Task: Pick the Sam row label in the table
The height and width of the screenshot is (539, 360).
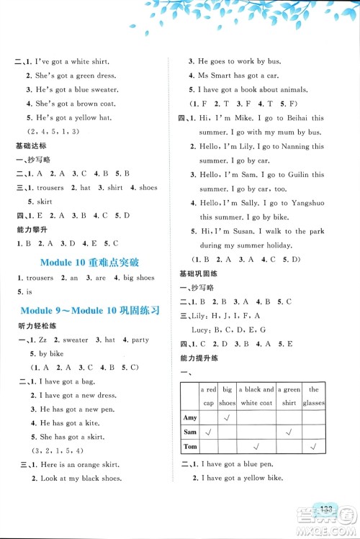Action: (x=190, y=432)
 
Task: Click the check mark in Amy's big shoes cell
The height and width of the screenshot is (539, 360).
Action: (x=228, y=418)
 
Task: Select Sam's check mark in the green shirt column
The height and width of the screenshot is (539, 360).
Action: (x=291, y=432)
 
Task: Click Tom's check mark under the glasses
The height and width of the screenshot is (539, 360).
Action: (x=314, y=447)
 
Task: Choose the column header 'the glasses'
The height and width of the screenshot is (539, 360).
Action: (x=314, y=397)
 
